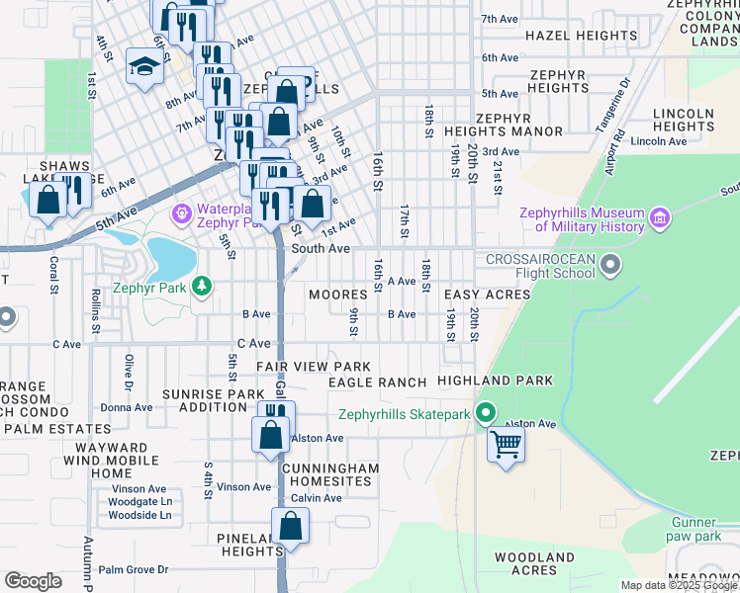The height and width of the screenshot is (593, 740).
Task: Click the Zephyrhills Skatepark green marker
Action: [x=485, y=414]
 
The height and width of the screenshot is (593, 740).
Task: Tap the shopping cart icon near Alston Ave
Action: [x=506, y=446]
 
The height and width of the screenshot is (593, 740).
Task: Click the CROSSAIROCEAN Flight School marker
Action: [x=611, y=264]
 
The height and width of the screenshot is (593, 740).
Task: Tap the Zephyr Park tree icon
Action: [x=202, y=286]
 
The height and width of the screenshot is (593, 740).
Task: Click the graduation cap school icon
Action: [x=144, y=67]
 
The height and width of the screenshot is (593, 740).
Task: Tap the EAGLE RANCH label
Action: [x=377, y=382]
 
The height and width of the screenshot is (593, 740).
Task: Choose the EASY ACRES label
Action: [x=487, y=296]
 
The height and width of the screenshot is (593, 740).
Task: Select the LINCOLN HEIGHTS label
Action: [x=684, y=120]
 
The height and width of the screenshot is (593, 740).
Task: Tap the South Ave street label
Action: [x=321, y=249]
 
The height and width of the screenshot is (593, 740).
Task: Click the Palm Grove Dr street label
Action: [x=134, y=570]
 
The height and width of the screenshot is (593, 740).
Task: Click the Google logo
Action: [x=33, y=581]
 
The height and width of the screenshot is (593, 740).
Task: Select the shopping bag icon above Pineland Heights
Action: [x=290, y=526]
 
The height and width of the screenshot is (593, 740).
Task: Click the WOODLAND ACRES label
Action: [x=535, y=564]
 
